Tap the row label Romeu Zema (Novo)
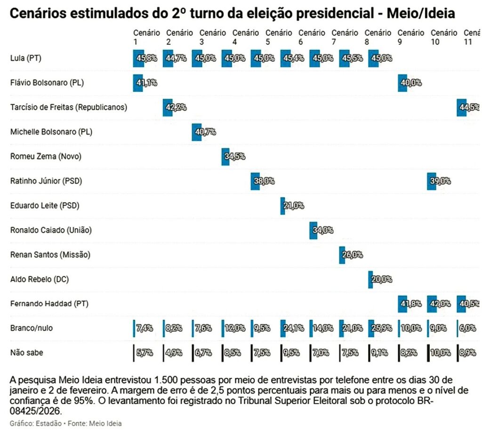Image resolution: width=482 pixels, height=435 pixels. pyautogui.click(x=40, y=156)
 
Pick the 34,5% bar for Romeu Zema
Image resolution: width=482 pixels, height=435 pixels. pyautogui.click(x=226, y=156)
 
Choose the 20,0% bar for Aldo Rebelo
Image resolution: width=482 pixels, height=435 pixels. pyautogui.click(x=370, y=279)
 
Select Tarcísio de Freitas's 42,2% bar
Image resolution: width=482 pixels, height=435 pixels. pyautogui.click(x=168, y=107)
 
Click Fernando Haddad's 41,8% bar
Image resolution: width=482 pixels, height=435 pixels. pyautogui.click(x=402, y=304)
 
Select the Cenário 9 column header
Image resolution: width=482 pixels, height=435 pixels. pyautogui.click(x=410, y=37)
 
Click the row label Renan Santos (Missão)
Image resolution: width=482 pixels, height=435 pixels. pyautogui.click(x=50, y=255)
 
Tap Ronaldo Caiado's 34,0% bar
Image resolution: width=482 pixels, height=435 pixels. pyautogui.click(x=313, y=230)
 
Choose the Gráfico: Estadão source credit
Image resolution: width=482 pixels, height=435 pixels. pyautogui.click(x=31, y=423)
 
